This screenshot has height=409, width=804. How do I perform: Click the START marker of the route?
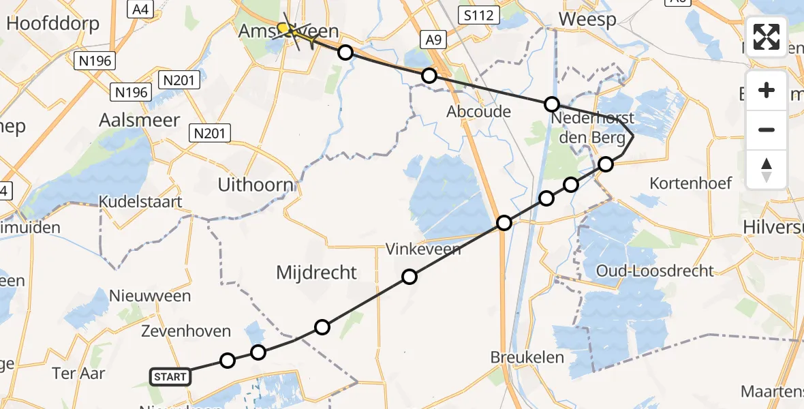pos(170,376)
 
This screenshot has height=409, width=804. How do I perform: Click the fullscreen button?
pos(767,37)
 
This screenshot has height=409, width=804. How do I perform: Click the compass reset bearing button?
pos(767,169)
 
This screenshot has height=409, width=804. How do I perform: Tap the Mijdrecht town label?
pos(316,273)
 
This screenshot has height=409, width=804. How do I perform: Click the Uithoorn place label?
pos(256,185)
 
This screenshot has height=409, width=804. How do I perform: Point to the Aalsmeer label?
pos(140,120)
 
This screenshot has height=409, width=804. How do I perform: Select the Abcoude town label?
pos(479,111)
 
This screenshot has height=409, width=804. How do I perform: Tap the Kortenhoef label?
pos(691,183)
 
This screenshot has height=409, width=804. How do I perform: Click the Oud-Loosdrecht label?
pos(655,271)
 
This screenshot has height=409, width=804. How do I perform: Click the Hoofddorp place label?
pos(52,24)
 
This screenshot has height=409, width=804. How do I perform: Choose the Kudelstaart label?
pos(140,202)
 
